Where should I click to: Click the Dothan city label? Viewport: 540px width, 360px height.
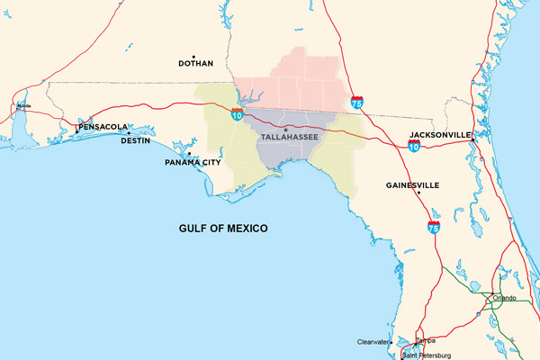tap(195, 64)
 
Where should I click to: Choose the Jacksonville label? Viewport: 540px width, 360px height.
tap(440, 134)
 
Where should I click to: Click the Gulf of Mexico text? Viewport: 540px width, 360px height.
tap(223, 229)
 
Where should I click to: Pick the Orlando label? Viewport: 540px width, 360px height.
tap(504, 298)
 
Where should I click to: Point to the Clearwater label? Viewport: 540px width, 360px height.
tap(373, 343)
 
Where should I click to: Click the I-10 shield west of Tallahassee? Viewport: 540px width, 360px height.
tap(236, 115)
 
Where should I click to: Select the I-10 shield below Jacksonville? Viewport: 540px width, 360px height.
tap(413, 145)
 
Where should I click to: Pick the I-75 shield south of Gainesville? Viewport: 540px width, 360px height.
tap(434, 228)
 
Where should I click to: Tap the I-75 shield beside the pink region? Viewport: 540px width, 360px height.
tap(357, 103)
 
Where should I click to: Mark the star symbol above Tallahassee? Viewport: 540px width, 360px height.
tap(286, 131)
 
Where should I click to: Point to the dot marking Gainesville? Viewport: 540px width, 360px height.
tap(381, 185)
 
